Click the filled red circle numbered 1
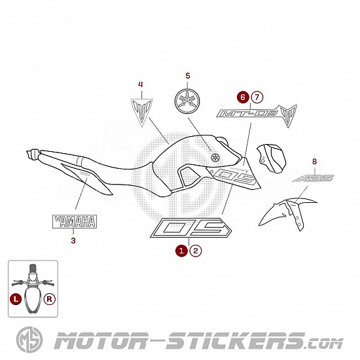[181, 251]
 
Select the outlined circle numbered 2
[196, 251]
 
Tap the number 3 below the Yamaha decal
[73, 241]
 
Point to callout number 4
[141, 84]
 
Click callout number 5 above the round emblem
[188, 76]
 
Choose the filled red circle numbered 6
[243, 98]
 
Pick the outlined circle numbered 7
[257, 98]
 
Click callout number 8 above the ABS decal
[314, 162]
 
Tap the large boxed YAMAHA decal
[75, 221]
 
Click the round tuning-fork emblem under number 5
[187, 101]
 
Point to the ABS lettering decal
[313, 178]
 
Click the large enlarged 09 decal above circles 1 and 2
[190, 228]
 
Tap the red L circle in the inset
[16, 299]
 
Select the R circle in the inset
[50, 299]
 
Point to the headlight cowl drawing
[271, 158]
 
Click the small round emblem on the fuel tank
[215, 157]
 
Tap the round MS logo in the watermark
[29, 340]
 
